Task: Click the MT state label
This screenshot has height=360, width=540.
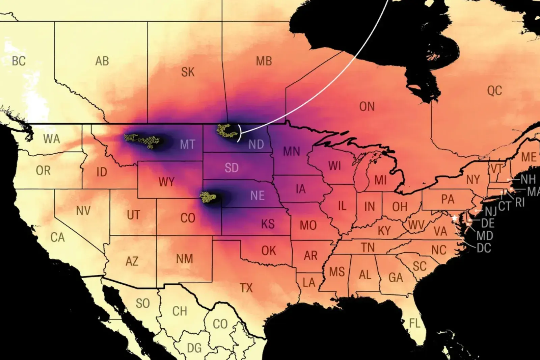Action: pyautogui.click(x=187, y=145)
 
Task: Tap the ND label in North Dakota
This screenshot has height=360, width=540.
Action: pyautogui.click(x=256, y=145)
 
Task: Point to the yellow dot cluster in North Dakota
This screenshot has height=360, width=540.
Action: pyautogui.click(x=226, y=131)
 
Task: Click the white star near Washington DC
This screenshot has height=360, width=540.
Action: pyautogui.click(x=455, y=218)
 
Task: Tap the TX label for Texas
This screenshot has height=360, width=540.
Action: pyautogui.click(x=246, y=288)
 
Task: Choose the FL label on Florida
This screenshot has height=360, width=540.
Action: pyautogui.click(x=414, y=323)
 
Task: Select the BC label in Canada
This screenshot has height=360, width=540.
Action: pyautogui.click(x=19, y=61)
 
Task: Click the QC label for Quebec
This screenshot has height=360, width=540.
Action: pyautogui.click(x=494, y=91)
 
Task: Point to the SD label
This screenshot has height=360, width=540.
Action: pyautogui.click(x=232, y=168)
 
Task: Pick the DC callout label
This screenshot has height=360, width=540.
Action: pyautogui.click(x=484, y=248)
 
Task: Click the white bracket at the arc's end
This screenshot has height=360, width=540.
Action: pyautogui.click(x=239, y=133)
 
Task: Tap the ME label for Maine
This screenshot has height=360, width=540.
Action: pyautogui.click(x=529, y=157)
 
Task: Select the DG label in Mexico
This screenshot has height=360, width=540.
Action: pyautogui.click(x=194, y=348)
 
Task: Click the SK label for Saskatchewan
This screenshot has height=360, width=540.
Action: pyautogui.click(x=188, y=72)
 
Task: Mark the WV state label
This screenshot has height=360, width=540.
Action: pyautogui.click(x=416, y=225)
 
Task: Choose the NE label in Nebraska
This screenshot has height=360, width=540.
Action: pyautogui.click(x=257, y=196)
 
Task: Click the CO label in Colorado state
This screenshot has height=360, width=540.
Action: pyautogui.click(x=188, y=218)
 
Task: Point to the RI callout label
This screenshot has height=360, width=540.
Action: pyautogui.click(x=520, y=202)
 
